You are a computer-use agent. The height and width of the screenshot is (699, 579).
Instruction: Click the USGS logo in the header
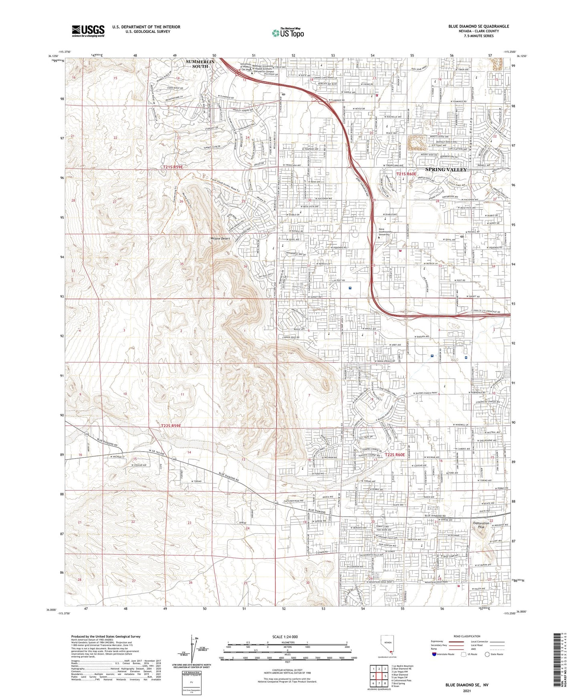click(x=88, y=31)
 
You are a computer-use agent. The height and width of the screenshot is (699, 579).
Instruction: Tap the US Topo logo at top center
click(x=287, y=33)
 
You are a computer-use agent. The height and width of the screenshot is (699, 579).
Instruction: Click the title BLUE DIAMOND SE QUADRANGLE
click(x=479, y=26)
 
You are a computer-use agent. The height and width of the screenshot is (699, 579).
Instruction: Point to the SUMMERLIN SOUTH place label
click(x=200, y=64)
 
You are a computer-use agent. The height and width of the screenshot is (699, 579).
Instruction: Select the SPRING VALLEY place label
click(x=446, y=169)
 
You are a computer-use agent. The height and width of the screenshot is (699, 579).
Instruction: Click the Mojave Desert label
click(x=221, y=239)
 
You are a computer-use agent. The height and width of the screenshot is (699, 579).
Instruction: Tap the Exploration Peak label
click(x=481, y=525)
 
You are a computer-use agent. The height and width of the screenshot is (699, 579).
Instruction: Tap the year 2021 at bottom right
click(x=466, y=691)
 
